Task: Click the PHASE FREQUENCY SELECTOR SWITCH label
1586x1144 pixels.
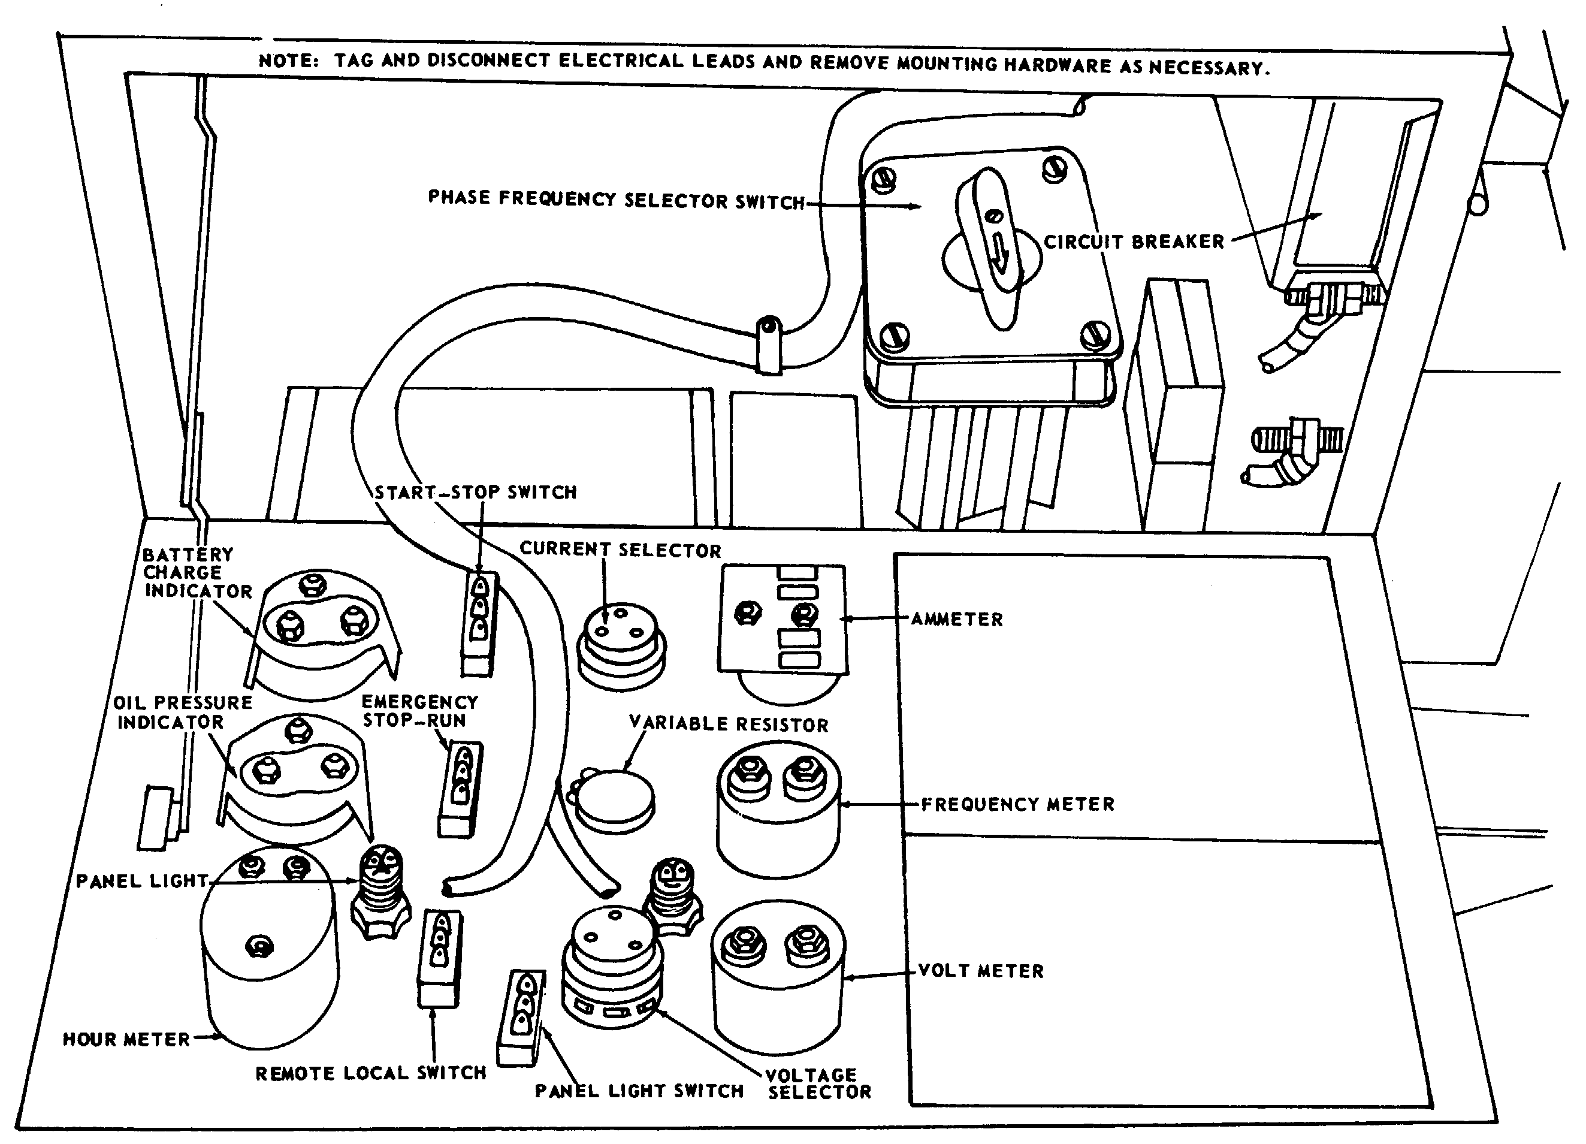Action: [x=616, y=200]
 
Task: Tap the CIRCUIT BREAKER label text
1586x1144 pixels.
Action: [x=1134, y=242]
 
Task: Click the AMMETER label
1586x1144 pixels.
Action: [x=957, y=620]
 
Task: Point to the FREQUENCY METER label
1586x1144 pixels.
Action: [x=1017, y=804]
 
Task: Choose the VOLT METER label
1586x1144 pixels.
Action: [x=980, y=971]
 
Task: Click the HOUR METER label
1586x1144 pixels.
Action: [x=126, y=1040]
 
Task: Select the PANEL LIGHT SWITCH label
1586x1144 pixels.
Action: [x=639, y=1091]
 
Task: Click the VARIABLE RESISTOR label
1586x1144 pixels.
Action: [x=728, y=724]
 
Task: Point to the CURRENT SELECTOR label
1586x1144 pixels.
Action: [x=620, y=550]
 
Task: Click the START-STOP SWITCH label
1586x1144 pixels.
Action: [x=476, y=492]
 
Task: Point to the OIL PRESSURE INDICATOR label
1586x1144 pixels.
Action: [x=182, y=712]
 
